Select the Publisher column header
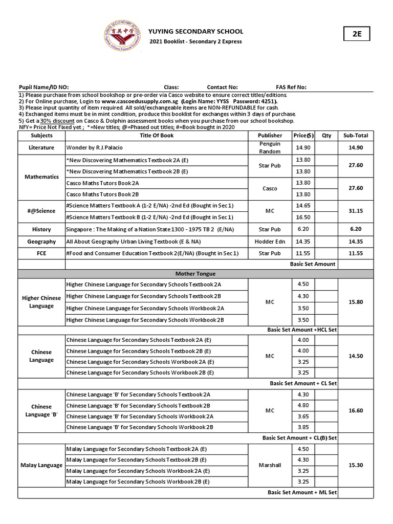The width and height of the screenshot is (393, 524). (270, 136)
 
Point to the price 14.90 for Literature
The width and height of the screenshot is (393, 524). (303, 147)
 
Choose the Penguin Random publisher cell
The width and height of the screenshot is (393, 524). (270, 148)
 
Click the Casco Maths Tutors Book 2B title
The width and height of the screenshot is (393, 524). (103, 194)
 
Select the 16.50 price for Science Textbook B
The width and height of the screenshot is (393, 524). (303, 217)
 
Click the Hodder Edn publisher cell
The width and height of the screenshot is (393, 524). (270, 241)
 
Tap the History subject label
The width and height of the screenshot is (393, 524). (41, 229)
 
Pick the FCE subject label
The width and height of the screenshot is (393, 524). (41, 252)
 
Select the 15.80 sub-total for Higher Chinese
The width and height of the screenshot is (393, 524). (356, 302)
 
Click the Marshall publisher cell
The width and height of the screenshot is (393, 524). (270, 465)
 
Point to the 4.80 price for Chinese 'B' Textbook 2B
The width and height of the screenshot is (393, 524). (303, 405)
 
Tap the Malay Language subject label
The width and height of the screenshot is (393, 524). (41, 465)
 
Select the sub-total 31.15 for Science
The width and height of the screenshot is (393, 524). (356, 211)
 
